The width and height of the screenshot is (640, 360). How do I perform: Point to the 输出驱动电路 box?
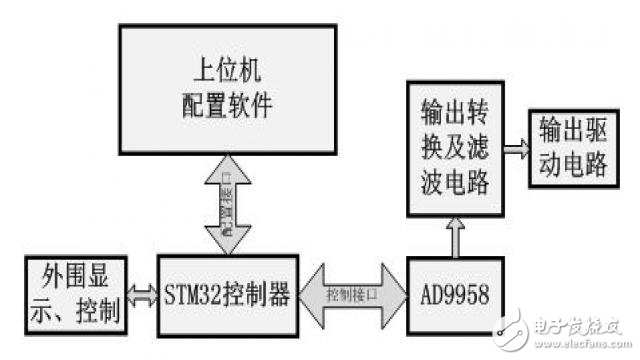pos(573,149)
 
